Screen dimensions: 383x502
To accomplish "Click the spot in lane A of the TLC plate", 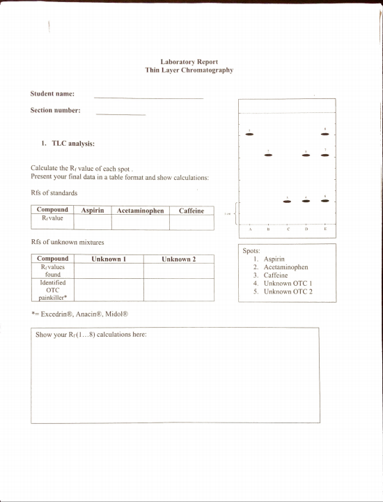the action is click(x=249, y=134).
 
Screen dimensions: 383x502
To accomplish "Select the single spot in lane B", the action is click(x=268, y=155).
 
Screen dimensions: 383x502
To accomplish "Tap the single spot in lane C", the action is click(x=287, y=201).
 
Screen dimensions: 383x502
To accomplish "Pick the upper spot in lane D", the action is click(x=306, y=155).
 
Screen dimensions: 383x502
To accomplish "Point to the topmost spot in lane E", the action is click(x=325, y=134).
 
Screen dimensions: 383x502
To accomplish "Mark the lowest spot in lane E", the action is click(x=325, y=201).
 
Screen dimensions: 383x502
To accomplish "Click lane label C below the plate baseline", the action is click(x=288, y=229).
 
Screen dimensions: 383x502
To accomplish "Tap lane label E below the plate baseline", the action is click(x=325, y=229).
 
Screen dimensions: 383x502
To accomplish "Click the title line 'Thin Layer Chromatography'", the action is click(x=189, y=70).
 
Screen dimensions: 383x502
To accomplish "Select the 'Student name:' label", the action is click(x=52, y=93).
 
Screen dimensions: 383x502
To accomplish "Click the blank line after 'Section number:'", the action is click(x=120, y=114).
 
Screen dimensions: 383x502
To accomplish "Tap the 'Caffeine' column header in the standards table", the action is click(x=191, y=210).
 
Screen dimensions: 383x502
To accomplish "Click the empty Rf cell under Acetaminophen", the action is click(x=140, y=222).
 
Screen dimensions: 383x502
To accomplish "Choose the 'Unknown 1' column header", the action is click(x=108, y=259).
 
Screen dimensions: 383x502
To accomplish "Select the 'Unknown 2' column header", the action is click(x=178, y=259).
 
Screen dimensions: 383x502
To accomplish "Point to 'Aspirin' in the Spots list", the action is click(x=274, y=259).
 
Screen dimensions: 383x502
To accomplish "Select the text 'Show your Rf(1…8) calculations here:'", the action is click(x=91, y=335).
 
